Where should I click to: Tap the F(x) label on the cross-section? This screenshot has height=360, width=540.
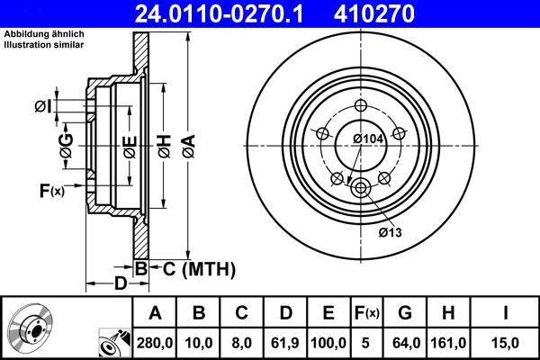pyautogui.click(x=51, y=190)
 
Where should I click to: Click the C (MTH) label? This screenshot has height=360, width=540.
pyautogui.click(x=198, y=268)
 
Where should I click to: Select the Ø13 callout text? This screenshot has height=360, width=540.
pyautogui.click(x=389, y=232)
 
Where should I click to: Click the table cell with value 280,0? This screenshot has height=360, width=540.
pyautogui.click(x=155, y=342)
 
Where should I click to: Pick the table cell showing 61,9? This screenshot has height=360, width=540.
pyautogui.click(x=285, y=342)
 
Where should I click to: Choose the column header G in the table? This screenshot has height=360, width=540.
pyautogui.click(x=405, y=313)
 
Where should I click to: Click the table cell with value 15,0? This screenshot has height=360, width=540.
pyautogui.click(x=507, y=342)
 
